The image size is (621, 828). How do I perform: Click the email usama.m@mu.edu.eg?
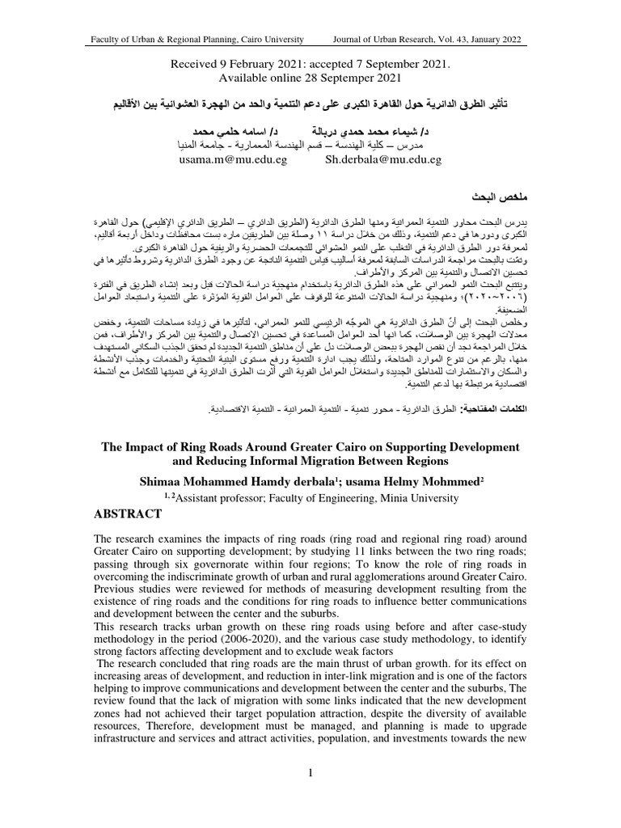click(228, 160)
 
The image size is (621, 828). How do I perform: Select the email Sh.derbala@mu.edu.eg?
click(382, 160)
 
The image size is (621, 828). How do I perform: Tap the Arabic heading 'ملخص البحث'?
click(500, 196)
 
